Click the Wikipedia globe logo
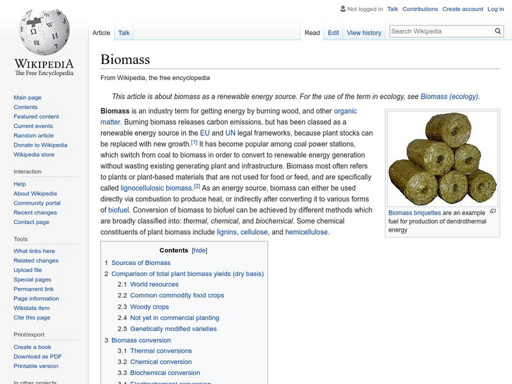pyautogui.click(x=44, y=32)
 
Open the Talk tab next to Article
pyautogui.click(x=124, y=33)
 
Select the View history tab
pyautogui.click(x=364, y=33)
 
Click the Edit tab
pyautogui.click(x=333, y=33)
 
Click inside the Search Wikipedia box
pyautogui.click(x=440, y=31)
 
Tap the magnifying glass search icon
pyautogui.click(x=499, y=31)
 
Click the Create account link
pyautogui.click(x=463, y=9)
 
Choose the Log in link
pyautogui.click(x=495, y=9)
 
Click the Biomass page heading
pyautogui.click(x=125, y=60)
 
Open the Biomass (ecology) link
pyautogui.click(x=449, y=97)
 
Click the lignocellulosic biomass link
pyautogui.click(x=156, y=188)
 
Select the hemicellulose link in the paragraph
pyautogui.click(x=307, y=232)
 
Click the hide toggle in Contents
pyautogui.click(x=200, y=250)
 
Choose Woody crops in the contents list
pyautogui.click(x=149, y=307)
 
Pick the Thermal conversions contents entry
pyautogui.click(x=161, y=351)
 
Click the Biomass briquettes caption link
pyautogui.click(x=414, y=212)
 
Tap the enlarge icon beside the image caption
pyautogui.click(x=493, y=211)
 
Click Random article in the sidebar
pyautogui.click(x=34, y=136)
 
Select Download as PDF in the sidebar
pyautogui.click(x=38, y=356)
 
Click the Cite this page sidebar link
pyautogui.click(x=32, y=317)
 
